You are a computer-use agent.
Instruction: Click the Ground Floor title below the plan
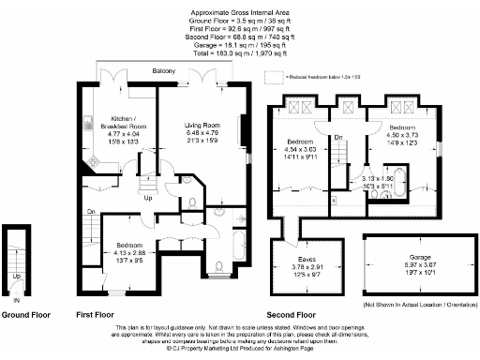(x=25, y=316)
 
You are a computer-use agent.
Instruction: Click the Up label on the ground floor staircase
(x=16, y=277)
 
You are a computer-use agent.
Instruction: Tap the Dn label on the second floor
(x=340, y=139)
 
